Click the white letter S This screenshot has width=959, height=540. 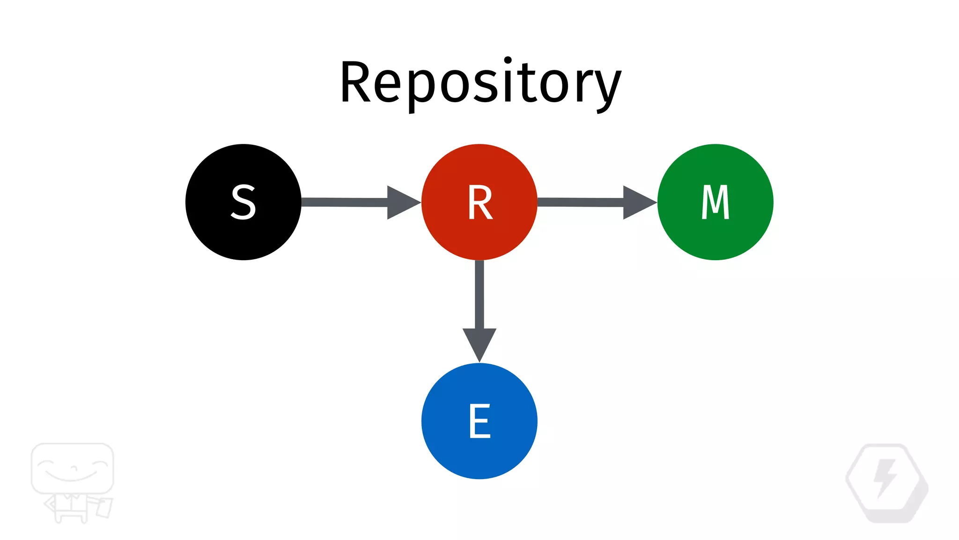pos(243,202)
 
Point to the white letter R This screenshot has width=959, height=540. pos(480,202)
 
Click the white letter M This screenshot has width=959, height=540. pos(715,202)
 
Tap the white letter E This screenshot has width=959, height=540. pos(479,421)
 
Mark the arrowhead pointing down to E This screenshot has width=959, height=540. pos(479,343)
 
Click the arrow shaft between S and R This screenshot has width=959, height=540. pos(344,202)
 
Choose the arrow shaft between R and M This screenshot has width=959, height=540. pos(581,202)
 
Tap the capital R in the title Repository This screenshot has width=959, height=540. pos(356,82)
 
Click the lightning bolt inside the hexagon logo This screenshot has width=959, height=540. pos(885,478)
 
